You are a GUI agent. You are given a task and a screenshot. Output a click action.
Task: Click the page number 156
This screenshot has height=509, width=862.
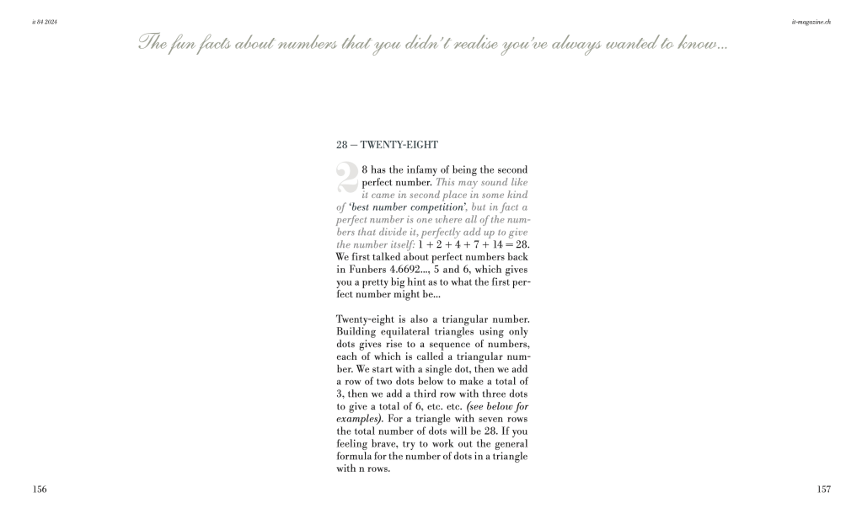point(40,489)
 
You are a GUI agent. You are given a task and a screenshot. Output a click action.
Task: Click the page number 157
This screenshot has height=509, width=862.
point(823,489)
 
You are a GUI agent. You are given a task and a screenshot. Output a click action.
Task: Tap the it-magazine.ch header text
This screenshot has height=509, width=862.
point(811,20)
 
